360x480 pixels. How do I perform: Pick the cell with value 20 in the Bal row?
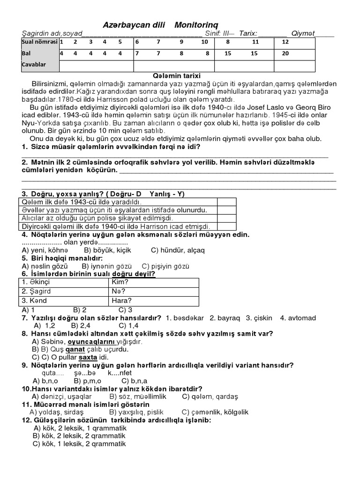(285, 53)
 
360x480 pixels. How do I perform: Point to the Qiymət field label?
(303, 33)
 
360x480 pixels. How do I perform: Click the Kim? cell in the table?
(120, 282)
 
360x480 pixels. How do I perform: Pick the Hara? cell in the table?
(122, 300)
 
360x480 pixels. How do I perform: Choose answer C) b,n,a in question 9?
(135, 381)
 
